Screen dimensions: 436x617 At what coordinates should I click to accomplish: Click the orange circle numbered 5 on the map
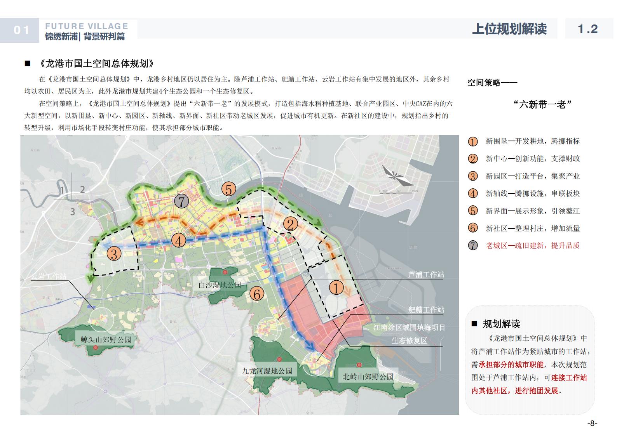(229, 189)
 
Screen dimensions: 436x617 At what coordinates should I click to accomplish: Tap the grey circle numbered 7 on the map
(181, 201)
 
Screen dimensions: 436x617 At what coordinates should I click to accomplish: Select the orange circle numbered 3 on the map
(114, 254)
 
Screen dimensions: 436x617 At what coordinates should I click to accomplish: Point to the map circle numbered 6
(256, 294)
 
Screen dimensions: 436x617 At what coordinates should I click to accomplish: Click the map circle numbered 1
(336, 288)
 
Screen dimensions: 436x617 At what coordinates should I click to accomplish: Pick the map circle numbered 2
(290, 224)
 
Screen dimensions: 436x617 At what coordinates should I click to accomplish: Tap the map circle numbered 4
(179, 241)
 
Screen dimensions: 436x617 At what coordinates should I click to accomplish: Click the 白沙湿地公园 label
(220, 285)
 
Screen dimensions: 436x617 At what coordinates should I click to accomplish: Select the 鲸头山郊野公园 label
(106, 340)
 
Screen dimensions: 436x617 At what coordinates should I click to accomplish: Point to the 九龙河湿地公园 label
(267, 371)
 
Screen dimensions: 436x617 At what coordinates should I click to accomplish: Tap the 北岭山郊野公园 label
(368, 376)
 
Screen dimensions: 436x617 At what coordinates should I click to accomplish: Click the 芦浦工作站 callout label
(426, 274)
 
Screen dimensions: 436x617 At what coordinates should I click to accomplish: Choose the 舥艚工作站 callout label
(426, 309)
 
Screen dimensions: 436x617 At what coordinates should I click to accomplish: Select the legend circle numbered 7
(473, 246)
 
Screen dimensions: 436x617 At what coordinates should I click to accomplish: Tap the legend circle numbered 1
(473, 142)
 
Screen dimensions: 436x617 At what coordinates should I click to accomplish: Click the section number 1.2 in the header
(587, 29)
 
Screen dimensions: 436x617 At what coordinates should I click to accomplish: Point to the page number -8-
(592, 423)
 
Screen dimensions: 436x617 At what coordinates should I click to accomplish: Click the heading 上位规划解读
(509, 29)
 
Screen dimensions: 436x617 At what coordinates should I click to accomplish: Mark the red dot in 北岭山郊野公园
(359, 365)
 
